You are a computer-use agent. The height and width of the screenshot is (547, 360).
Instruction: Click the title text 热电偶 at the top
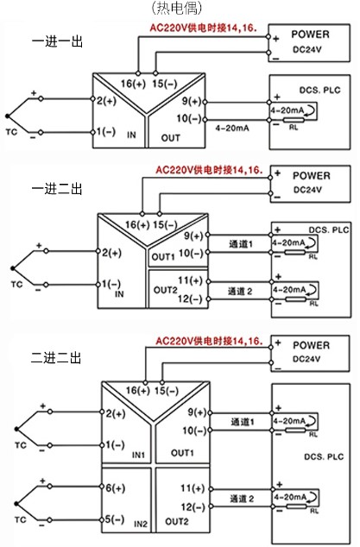pyautogui.click(x=180, y=8)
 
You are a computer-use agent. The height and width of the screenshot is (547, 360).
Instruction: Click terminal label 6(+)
pyautogui.click(x=117, y=487)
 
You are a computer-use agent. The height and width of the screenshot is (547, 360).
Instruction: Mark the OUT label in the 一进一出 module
pyautogui.click(x=171, y=137)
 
